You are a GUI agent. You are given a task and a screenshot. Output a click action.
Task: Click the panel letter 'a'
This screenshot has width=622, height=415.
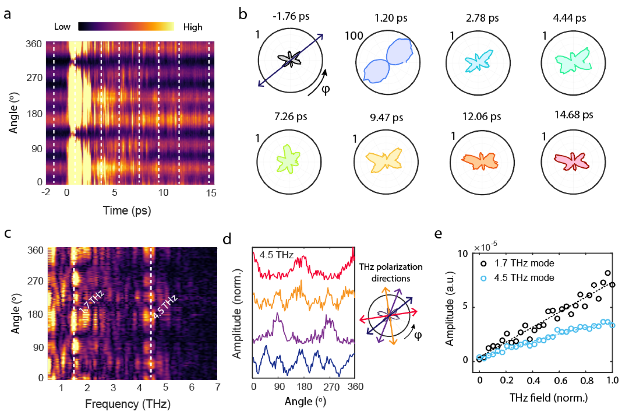click(x=7, y=15)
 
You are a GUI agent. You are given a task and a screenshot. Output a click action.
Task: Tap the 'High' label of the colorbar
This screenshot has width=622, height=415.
click(x=193, y=27)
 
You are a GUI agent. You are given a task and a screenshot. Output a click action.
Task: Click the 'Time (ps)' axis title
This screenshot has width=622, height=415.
click(x=127, y=210)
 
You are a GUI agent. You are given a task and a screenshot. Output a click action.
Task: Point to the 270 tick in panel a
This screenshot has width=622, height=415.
click(x=34, y=78)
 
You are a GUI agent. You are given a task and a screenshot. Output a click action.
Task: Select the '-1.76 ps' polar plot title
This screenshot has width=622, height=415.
click(x=291, y=16)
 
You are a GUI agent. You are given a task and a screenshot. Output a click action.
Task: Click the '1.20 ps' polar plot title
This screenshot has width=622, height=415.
click(x=391, y=18)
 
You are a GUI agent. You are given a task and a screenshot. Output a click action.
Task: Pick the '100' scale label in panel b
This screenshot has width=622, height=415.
click(x=354, y=36)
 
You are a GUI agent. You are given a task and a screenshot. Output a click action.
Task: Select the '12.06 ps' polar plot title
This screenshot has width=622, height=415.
click(x=482, y=116)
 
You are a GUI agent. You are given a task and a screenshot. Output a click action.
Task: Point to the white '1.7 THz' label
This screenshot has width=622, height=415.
click(x=92, y=301)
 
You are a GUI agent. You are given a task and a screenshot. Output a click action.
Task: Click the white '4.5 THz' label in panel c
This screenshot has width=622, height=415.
click(x=165, y=307)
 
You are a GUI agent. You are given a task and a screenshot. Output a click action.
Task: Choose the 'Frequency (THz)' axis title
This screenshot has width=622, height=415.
click(x=128, y=404)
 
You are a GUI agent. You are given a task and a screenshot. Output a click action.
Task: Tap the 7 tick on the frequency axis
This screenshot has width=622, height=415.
click(x=217, y=387)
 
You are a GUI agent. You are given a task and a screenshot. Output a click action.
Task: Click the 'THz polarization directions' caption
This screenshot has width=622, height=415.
click(x=390, y=273)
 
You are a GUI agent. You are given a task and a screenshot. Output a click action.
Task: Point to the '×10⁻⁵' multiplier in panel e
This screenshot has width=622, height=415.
click(x=485, y=247)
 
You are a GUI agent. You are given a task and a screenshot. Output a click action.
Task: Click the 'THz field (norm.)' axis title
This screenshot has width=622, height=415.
click(x=548, y=398)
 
